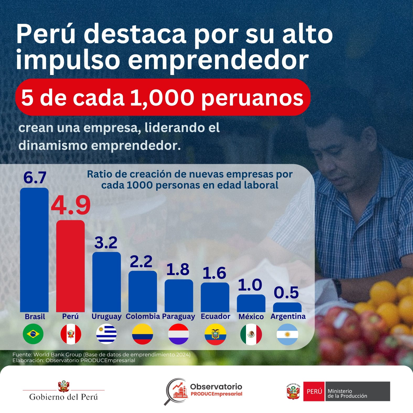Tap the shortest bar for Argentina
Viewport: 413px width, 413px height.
287,307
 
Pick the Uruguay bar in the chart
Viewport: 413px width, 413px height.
106,282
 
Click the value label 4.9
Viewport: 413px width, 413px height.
71,205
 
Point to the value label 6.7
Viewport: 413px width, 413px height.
35,178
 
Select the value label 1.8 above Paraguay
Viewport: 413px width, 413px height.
178,269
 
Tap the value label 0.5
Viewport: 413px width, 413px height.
286,293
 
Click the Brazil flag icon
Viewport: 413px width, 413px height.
33,334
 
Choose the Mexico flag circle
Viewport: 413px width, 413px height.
251,334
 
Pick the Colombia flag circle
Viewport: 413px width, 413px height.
142,334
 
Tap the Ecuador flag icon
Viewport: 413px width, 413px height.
215,334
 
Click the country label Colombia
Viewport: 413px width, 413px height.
143,316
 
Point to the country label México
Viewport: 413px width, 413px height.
251,317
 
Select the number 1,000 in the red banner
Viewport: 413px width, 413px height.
162,98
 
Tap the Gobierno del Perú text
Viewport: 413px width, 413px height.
63,397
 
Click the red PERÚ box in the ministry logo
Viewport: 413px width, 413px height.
314,391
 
